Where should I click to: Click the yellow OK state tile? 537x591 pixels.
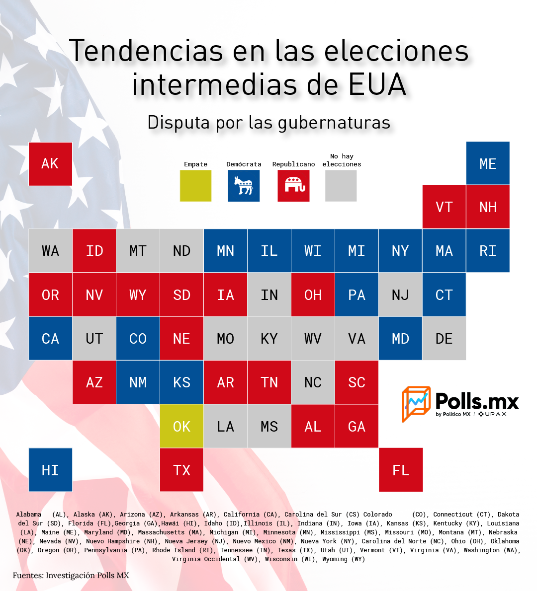pyautogui.click(x=181, y=426)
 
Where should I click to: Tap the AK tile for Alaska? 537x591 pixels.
pyautogui.click(x=50, y=163)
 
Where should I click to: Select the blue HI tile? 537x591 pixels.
pyautogui.click(x=50, y=470)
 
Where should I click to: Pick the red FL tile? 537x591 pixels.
pyautogui.click(x=401, y=470)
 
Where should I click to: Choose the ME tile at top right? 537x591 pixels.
pyautogui.click(x=488, y=163)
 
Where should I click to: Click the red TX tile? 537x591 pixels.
pyautogui.click(x=181, y=470)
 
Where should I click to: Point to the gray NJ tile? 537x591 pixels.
pyautogui.click(x=400, y=295)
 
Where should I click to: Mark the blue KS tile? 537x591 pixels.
pyautogui.click(x=181, y=382)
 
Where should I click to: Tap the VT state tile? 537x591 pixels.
pyautogui.click(x=444, y=207)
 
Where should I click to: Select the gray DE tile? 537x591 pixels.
pyautogui.click(x=444, y=339)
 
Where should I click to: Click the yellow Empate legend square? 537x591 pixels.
pyautogui.click(x=195, y=185)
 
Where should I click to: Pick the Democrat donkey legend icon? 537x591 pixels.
pyautogui.click(x=244, y=185)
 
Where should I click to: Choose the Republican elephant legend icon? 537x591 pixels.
pyautogui.click(x=293, y=185)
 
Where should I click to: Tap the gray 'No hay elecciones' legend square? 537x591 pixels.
pyautogui.click(x=341, y=185)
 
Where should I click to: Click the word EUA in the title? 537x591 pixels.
pyautogui.click(x=377, y=84)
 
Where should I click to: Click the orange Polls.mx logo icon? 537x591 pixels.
pyautogui.click(x=416, y=403)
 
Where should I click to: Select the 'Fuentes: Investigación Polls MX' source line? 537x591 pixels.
pyautogui.click(x=71, y=576)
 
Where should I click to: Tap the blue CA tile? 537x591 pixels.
pyautogui.click(x=50, y=339)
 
